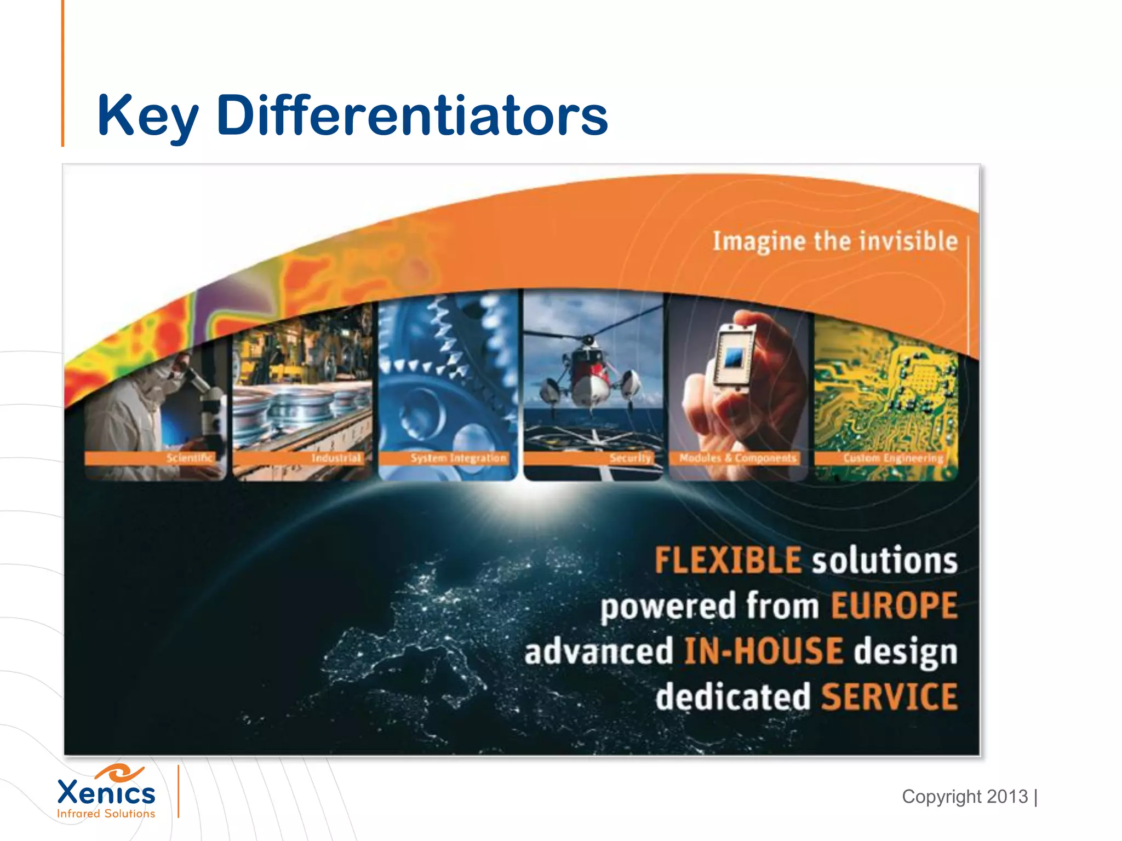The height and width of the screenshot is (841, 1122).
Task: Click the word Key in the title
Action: pyautogui.click(x=147, y=116)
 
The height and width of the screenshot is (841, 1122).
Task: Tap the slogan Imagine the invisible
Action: pyautogui.click(x=834, y=241)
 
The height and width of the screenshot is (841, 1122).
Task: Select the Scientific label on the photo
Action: pyautogui.click(x=189, y=458)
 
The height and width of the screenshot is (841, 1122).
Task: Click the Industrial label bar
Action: pyautogui.click(x=336, y=458)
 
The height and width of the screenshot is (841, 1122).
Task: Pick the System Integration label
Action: pyautogui.click(x=458, y=458)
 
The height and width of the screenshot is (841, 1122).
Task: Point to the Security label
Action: pyautogui.click(x=630, y=458)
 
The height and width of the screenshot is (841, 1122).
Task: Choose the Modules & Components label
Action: pyautogui.click(x=737, y=458)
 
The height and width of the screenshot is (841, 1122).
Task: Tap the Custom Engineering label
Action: pyautogui.click(x=893, y=458)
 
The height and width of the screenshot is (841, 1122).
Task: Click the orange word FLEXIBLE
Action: pyautogui.click(x=728, y=561)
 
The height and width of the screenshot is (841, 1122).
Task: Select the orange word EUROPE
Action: pyautogui.click(x=894, y=606)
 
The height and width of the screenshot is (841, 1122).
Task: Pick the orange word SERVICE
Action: pyautogui.click(x=889, y=697)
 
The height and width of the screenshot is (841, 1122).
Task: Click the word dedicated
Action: pyautogui.click(x=732, y=697)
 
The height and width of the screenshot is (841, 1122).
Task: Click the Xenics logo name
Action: pyautogui.click(x=106, y=792)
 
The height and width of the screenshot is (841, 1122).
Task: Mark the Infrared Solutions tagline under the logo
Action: pyautogui.click(x=106, y=814)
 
